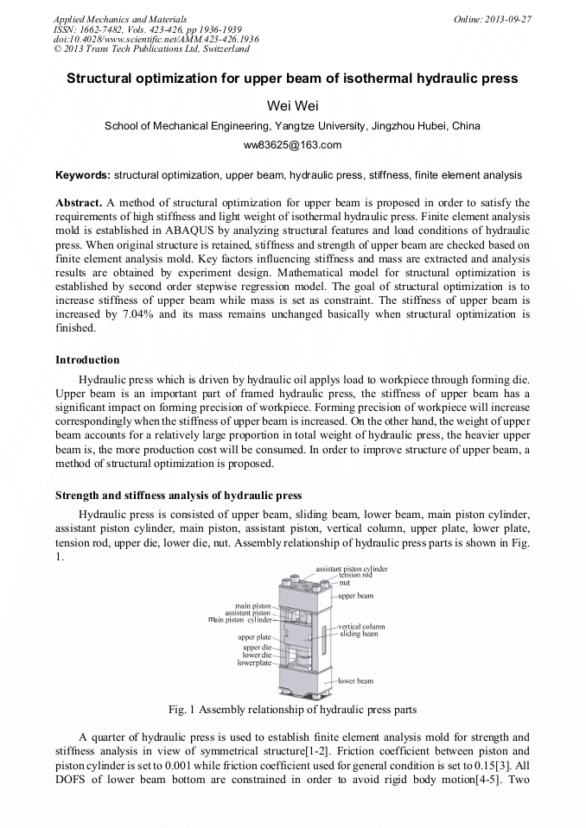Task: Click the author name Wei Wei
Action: (x=292, y=105)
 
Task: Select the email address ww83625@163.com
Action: (x=292, y=145)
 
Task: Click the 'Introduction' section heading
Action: (x=87, y=360)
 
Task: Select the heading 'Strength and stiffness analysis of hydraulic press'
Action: (x=178, y=496)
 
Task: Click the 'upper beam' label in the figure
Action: (x=355, y=596)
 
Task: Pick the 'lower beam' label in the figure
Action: (x=355, y=681)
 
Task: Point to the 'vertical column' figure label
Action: (x=361, y=626)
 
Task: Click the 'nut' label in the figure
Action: (x=344, y=583)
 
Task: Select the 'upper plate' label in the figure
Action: (x=255, y=637)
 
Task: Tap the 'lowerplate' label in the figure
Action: (x=255, y=663)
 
